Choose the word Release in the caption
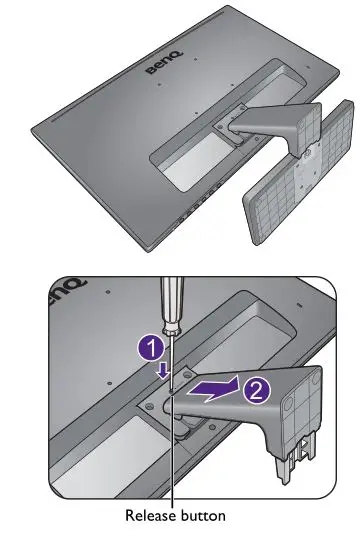[148, 516]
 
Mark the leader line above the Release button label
[173, 470]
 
